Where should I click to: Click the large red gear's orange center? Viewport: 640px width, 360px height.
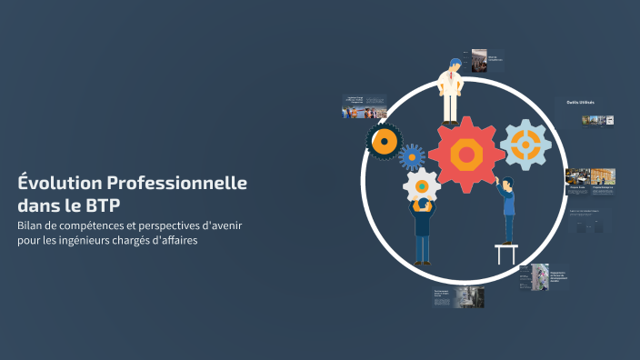click(x=466, y=155)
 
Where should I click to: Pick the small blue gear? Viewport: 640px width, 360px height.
click(x=412, y=156)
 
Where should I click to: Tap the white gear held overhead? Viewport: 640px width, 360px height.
click(x=421, y=186)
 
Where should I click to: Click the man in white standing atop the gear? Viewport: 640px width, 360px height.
click(x=450, y=91)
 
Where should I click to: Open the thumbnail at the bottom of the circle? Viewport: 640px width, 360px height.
click(x=459, y=296)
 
